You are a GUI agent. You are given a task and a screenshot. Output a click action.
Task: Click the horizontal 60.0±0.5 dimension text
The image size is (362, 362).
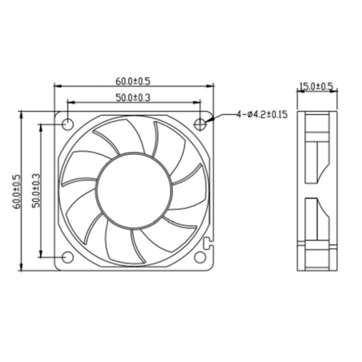[133, 81]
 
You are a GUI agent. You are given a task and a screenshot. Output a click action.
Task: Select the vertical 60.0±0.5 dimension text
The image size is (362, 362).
[17, 191]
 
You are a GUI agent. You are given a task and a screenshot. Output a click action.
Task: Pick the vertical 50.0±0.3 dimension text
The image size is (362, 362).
[36, 191]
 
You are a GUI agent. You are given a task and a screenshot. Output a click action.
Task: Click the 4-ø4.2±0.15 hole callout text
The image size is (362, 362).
[262, 114]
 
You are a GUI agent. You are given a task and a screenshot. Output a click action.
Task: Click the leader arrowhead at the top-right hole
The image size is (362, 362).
[207, 122]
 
